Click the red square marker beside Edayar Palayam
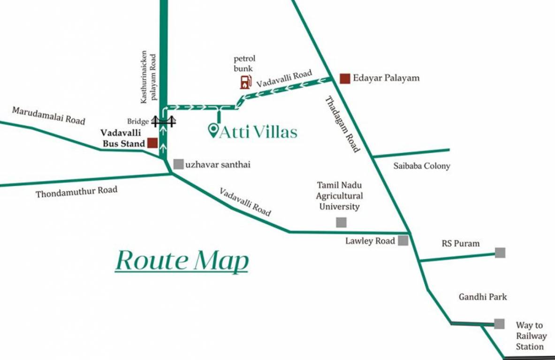point(345,78)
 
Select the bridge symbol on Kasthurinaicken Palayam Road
point(163,121)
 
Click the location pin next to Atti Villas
point(213,130)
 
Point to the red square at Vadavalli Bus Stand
point(152,143)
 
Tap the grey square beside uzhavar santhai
point(178,164)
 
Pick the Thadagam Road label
point(342,124)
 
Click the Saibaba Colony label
point(422,166)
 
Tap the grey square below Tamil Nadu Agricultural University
point(341,223)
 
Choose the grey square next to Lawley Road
point(403,241)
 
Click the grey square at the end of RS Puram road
point(500,253)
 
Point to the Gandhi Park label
point(483,297)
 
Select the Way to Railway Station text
point(531,336)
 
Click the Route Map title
point(182,261)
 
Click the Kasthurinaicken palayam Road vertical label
point(148,77)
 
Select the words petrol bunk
point(244,63)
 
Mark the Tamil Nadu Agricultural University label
point(339,195)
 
